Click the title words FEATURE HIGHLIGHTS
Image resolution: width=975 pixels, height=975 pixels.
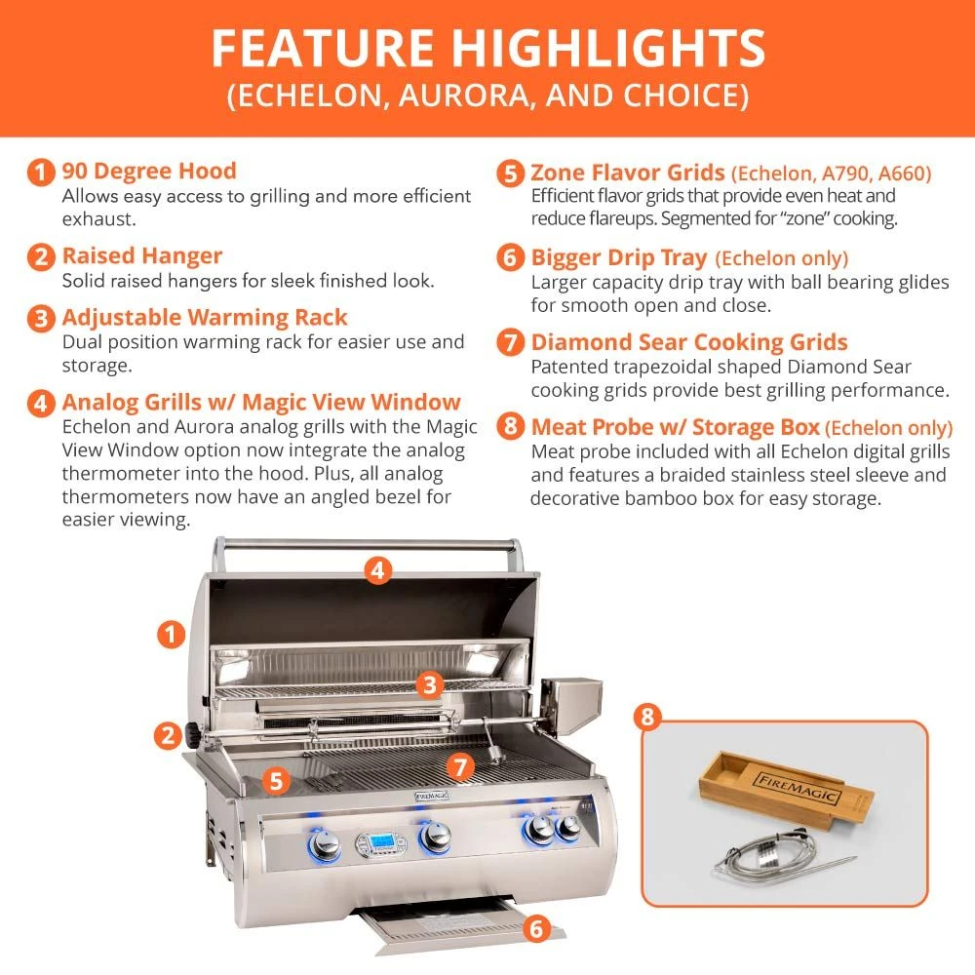[487, 49]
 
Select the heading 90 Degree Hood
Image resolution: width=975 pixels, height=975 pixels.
[149, 172]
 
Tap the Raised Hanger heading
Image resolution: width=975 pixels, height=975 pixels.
[142, 256]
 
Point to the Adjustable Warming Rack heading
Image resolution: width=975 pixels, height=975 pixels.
[205, 318]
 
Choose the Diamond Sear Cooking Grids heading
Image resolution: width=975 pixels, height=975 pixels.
[689, 342]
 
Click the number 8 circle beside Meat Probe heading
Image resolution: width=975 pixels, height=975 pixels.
[511, 427]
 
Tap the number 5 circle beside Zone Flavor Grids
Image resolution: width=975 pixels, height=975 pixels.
[511, 175]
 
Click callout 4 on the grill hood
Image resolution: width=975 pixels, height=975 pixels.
[379, 569]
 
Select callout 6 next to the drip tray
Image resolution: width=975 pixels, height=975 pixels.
[534, 927]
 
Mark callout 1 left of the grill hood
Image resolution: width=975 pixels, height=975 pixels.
[172, 635]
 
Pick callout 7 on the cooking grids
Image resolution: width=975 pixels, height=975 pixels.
[460, 767]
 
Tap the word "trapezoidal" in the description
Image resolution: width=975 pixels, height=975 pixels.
[666, 368]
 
